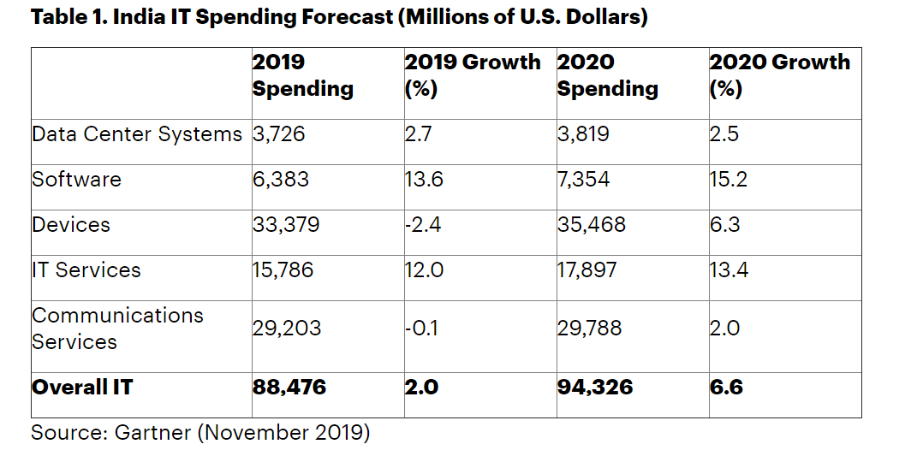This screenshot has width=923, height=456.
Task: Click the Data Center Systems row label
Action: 137,134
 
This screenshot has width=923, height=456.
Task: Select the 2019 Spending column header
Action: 302,75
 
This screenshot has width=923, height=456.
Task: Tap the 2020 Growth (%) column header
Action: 779,75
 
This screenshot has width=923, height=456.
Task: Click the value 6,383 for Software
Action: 281,180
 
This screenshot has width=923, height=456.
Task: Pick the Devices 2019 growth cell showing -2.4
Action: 421,225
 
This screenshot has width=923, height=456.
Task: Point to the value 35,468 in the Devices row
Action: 591,225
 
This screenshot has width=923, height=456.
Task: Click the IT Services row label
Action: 86,270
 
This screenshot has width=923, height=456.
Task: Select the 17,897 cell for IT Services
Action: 587,270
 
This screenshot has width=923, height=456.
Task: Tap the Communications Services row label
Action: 117,329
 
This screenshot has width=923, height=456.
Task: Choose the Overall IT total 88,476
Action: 289,388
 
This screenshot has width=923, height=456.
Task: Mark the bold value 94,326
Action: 595,388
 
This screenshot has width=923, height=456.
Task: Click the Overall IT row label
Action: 82,388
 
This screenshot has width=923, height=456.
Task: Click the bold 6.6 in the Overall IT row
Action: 726,388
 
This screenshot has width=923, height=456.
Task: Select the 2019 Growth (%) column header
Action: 473,75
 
